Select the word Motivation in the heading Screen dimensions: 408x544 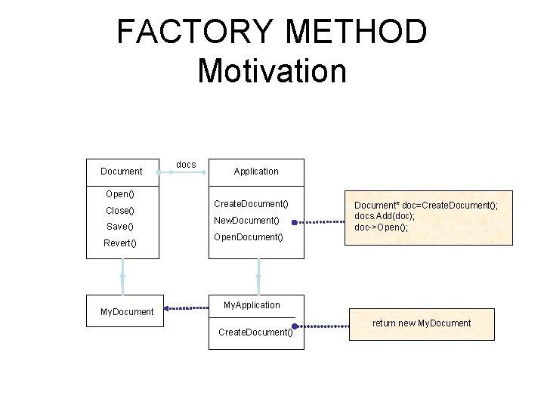(x=271, y=70)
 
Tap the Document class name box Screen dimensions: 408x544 (x=122, y=172)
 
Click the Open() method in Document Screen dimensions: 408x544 (x=119, y=194)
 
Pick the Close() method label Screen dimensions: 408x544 (x=120, y=211)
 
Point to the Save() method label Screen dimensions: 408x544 (x=119, y=227)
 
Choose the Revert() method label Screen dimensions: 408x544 (x=121, y=243)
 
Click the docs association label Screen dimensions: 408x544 (x=185, y=164)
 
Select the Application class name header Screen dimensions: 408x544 (x=255, y=172)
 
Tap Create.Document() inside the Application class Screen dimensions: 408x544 (x=251, y=204)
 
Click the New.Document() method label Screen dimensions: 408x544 (x=246, y=221)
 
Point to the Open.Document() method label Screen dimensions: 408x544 (x=249, y=237)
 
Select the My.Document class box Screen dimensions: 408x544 (x=127, y=311)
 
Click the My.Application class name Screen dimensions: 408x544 (x=252, y=305)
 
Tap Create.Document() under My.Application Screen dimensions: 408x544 (x=255, y=332)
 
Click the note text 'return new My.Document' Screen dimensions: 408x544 (x=422, y=323)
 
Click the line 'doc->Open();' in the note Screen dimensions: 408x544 (x=382, y=227)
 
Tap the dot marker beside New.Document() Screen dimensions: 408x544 (x=295, y=223)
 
